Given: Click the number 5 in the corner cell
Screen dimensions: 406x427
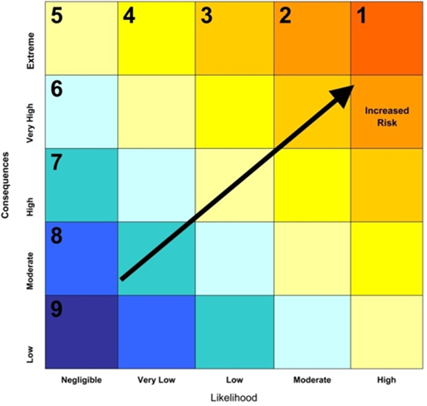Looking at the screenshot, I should pos(56,16).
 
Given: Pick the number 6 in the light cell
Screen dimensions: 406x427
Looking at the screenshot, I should pos(56,88).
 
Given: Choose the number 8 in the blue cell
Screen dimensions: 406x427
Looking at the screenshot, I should pos(56,235).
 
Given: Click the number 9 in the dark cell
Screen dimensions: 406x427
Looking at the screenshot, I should pos(56,309).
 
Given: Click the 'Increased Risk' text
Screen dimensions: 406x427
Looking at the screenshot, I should pos(385,116).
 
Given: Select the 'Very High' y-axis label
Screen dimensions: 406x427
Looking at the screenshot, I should pos(31,111).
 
